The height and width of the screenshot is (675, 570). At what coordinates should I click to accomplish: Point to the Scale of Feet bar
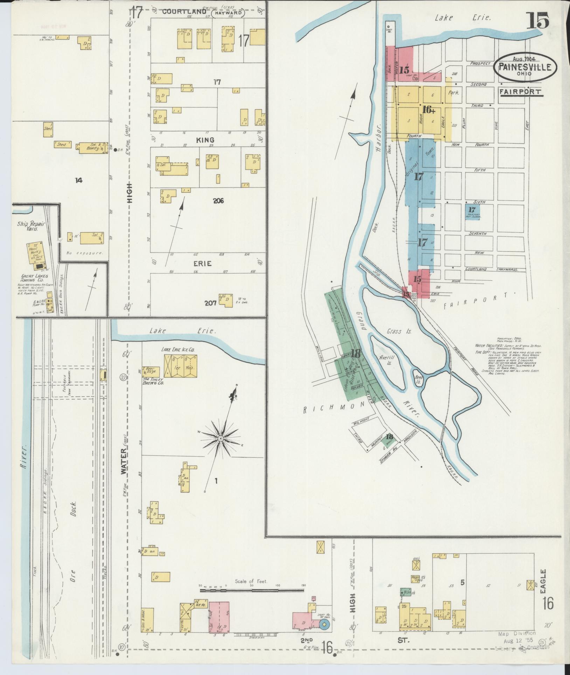coord(251,591)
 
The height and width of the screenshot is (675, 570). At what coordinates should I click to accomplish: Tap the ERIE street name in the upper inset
coord(203,264)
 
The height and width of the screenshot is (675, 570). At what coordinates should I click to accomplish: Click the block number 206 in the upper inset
coord(218,201)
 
